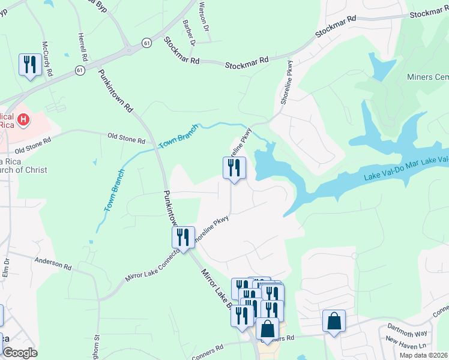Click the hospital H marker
[23, 120]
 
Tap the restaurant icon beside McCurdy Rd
[30, 65]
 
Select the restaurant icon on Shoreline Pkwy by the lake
[234, 168]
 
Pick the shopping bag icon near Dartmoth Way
[334, 321]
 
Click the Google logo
[19, 353]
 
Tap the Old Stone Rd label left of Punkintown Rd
[126, 140]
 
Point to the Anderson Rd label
[53, 262]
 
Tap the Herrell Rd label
[83, 47]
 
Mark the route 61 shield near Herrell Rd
[80, 70]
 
